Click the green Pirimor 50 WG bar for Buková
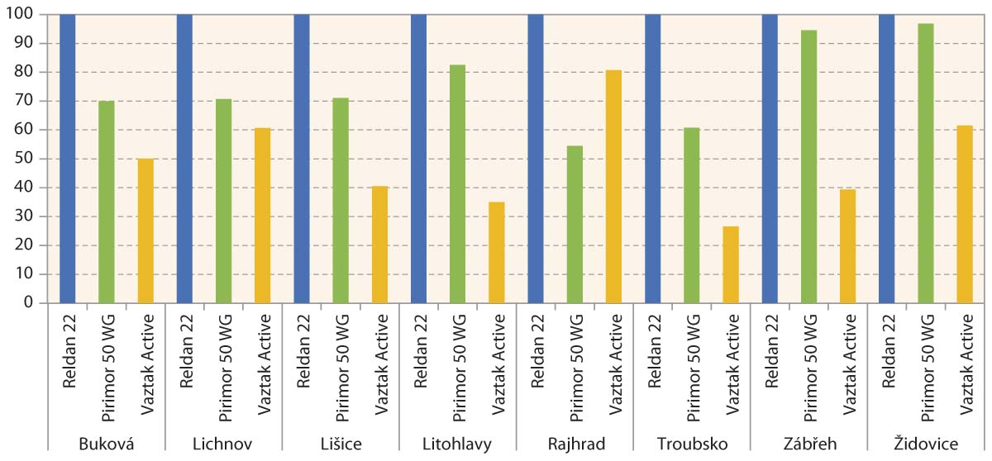[107, 202]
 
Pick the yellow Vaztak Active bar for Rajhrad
[613, 187]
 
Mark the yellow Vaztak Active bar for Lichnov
[263, 216]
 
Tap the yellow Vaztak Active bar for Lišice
[379, 245]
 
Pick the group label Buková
[107, 444]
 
